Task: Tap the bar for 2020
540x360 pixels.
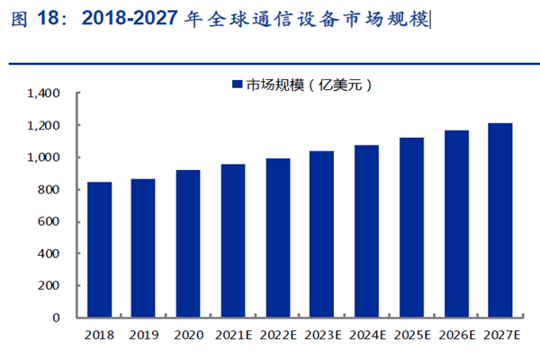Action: tap(188, 243)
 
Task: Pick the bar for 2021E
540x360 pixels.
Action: tap(232, 240)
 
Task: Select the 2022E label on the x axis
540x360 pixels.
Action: tap(277, 336)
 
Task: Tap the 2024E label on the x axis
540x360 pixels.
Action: tap(366, 336)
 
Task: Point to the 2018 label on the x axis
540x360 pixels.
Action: tap(99, 336)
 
